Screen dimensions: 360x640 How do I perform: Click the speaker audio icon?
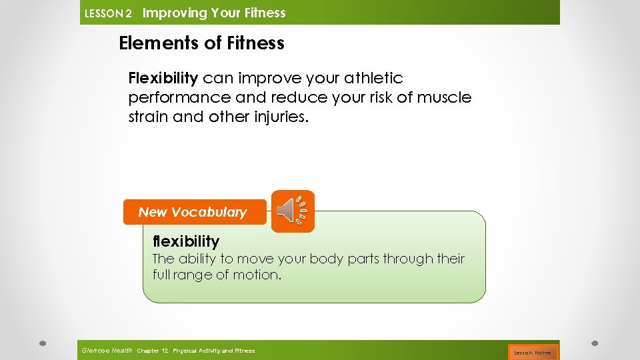click(293, 211)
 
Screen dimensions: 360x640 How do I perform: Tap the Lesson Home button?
click(532, 352)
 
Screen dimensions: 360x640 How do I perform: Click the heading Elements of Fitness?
click(201, 43)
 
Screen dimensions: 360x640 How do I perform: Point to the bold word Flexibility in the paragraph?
click(163, 79)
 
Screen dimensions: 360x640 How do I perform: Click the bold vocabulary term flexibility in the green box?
click(185, 241)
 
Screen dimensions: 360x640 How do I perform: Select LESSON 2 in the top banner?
click(108, 13)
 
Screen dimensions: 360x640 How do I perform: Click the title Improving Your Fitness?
click(214, 13)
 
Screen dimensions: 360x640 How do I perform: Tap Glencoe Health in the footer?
click(106, 351)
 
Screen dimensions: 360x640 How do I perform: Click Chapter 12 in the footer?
click(152, 351)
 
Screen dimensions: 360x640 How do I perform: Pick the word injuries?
click(282, 117)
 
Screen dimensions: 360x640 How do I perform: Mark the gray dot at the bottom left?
click(41, 343)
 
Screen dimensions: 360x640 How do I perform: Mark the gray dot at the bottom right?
click(595, 343)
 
